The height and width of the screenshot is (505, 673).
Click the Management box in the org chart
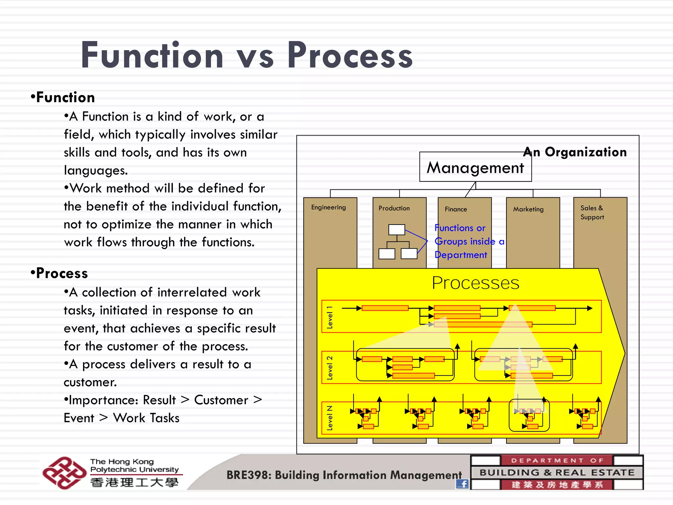(475, 167)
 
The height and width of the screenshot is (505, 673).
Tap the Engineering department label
(328, 207)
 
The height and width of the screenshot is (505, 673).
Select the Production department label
(394, 208)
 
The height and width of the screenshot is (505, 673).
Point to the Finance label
(455, 209)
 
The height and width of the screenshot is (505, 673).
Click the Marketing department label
(528, 209)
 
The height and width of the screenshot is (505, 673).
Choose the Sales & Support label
(592, 212)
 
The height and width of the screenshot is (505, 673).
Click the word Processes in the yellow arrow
(475, 283)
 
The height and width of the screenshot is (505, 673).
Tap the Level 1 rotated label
(330, 317)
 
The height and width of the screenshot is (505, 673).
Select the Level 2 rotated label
(330, 368)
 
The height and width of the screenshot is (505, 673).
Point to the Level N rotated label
(330, 418)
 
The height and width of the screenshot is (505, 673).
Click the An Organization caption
(575, 152)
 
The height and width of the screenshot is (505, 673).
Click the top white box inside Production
(396, 229)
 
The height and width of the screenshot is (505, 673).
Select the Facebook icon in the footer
(462, 484)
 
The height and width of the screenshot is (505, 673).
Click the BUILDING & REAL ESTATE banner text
(557, 472)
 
